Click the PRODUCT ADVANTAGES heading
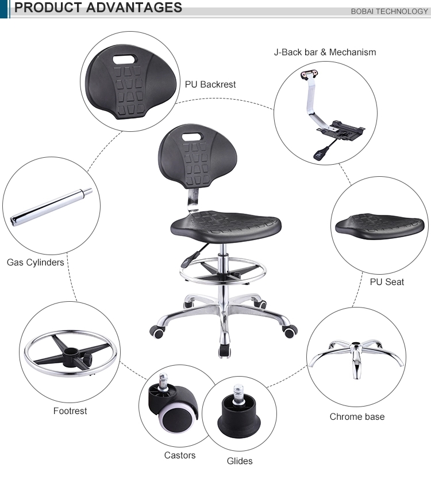(98, 8)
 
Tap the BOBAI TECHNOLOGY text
(389, 12)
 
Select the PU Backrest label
(210, 84)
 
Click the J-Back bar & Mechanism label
(325, 52)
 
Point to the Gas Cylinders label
(35, 263)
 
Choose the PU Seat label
(387, 282)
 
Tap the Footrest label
(70, 411)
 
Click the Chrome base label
(357, 416)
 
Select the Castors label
(180, 455)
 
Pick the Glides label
(239, 461)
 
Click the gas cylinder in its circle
(51, 205)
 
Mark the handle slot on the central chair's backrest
(191, 136)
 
